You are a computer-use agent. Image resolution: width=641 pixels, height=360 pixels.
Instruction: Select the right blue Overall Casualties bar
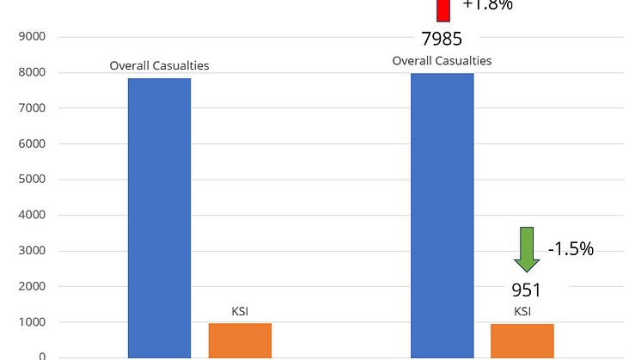(442, 215)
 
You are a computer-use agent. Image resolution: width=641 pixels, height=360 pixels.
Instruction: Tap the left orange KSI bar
(240, 340)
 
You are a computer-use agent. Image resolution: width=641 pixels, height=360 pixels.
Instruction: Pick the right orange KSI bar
(522, 340)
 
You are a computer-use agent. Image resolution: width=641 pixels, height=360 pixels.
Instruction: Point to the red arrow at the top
(443, 9)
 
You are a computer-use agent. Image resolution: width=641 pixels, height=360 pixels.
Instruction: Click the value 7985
(443, 39)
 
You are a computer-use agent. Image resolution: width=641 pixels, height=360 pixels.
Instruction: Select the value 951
(526, 290)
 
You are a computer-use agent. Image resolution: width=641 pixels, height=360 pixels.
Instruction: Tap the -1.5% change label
(571, 249)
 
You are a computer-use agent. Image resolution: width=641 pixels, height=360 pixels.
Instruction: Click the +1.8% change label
(487, 5)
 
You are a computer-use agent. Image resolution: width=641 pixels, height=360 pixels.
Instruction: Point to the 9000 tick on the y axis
(32, 37)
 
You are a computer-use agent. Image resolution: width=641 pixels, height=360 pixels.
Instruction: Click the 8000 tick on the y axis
(32, 73)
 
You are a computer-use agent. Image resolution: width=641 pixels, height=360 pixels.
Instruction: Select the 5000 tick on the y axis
(32, 180)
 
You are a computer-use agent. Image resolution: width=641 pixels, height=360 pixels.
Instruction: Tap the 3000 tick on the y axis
(32, 251)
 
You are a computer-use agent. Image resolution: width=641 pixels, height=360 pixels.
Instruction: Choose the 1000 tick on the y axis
(32, 322)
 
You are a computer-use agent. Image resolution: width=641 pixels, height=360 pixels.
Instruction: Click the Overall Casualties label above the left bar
(159, 65)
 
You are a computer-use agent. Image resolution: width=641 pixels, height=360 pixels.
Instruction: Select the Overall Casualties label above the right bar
(442, 61)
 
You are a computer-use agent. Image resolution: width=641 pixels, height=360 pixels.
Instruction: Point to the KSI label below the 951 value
(522, 311)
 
